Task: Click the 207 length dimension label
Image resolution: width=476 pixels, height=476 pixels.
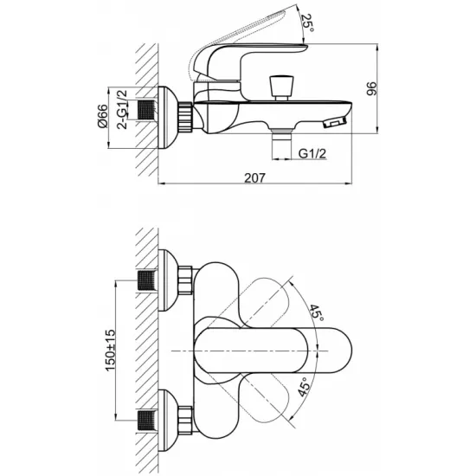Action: pyautogui.click(x=254, y=177)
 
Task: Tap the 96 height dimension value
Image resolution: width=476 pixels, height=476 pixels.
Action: pyautogui.click(x=371, y=88)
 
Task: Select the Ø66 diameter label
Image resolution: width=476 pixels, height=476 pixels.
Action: pyautogui.click(x=102, y=116)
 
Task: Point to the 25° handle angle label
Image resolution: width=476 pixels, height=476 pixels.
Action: pyautogui.click(x=307, y=23)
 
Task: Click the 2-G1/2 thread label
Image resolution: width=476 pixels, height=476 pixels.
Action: pyautogui.click(x=122, y=110)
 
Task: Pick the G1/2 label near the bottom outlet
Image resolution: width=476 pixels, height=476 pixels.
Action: pyautogui.click(x=312, y=153)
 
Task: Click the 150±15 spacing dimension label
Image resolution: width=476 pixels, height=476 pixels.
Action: pyautogui.click(x=110, y=350)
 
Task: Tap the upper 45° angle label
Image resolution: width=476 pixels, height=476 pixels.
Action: pyautogui.click(x=317, y=312)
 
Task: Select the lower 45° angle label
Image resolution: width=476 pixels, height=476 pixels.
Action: pyautogui.click(x=304, y=387)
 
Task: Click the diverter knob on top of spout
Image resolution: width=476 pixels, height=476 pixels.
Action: pyautogui.click(x=281, y=87)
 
